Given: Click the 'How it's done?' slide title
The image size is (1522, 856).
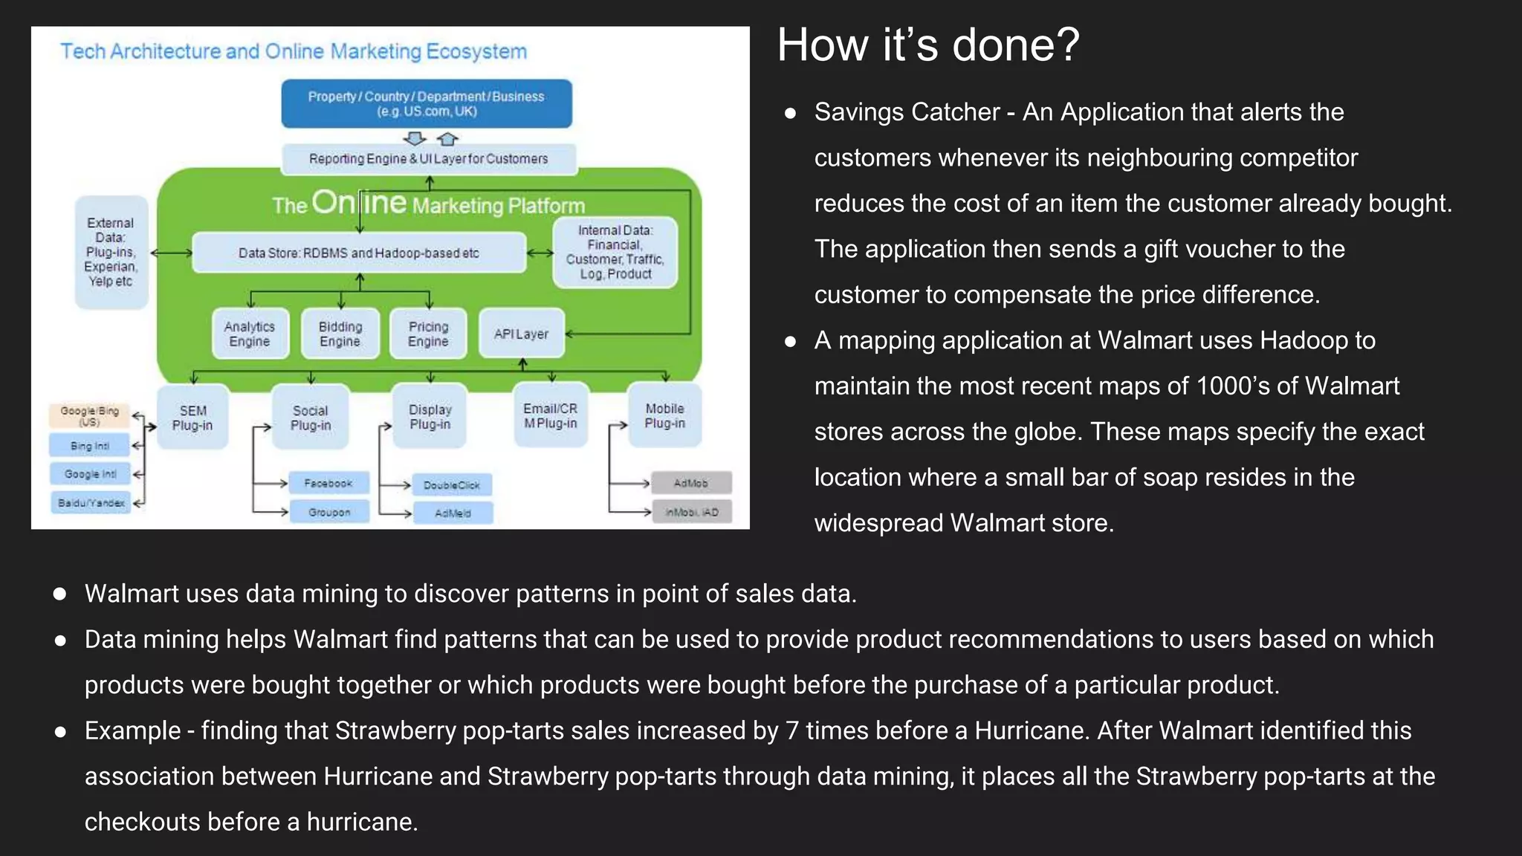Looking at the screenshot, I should pos(927,45).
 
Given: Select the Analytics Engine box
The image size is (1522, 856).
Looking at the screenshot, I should pos(250,334).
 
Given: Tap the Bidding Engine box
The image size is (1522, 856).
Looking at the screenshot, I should pos(340,334).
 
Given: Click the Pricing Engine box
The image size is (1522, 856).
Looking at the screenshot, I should pos(428,334).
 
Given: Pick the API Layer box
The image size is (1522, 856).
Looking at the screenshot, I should pos(521,334).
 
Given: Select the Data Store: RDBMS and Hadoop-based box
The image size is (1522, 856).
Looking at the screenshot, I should pos(358,253).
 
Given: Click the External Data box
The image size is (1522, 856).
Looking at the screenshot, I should pos(111,252).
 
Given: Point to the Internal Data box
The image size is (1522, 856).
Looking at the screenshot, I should pos(615,252).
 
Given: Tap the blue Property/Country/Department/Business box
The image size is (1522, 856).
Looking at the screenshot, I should pos(426,103).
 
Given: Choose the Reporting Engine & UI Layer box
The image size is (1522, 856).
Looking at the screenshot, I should pos(428,158).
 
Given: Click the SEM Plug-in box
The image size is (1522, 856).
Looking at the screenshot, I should pos(192,418).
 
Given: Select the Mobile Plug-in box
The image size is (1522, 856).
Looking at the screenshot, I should pos(664,415).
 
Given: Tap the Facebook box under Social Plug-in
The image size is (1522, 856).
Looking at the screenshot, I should pos(328,483).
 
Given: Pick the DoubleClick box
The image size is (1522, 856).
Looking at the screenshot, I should pos(452,485).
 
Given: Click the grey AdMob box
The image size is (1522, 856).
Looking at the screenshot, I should pos(691,483).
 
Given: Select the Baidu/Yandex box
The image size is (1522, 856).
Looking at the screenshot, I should pos(91,502).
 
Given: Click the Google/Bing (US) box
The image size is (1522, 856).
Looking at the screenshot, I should pos(89,415).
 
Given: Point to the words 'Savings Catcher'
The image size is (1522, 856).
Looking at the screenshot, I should pos(906,112).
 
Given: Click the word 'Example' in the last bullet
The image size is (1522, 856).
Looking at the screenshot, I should pos(132,730).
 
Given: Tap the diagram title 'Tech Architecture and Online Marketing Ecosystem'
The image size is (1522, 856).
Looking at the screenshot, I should pos(294,51).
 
